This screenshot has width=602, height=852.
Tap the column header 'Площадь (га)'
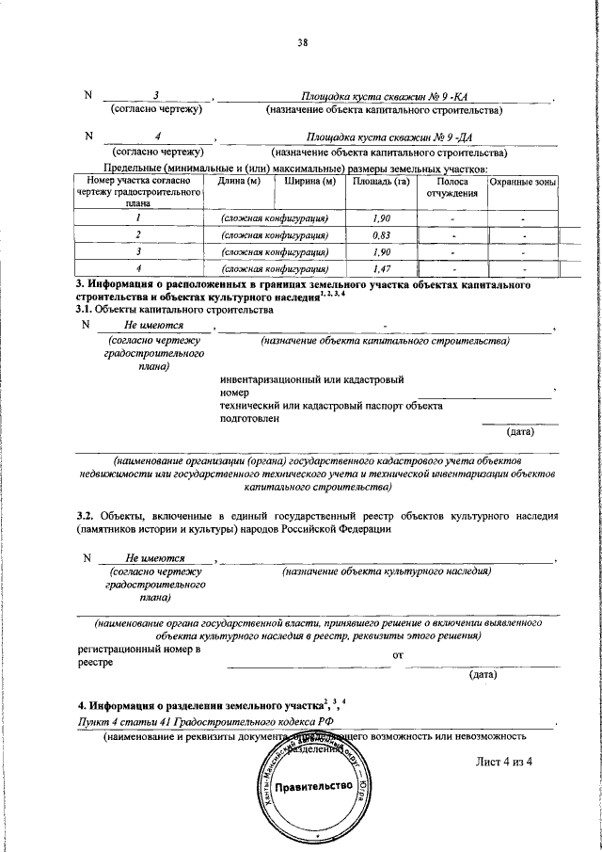click(x=380, y=181)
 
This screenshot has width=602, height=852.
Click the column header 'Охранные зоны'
click(x=523, y=181)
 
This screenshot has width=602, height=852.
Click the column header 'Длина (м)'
click(x=239, y=181)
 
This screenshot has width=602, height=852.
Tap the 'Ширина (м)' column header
click(x=305, y=181)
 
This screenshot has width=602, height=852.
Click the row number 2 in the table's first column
click(x=138, y=235)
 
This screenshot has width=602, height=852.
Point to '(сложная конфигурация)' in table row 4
click(x=274, y=269)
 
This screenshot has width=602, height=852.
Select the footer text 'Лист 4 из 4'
click(x=504, y=762)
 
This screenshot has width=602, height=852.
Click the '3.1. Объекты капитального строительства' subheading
click(x=174, y=309)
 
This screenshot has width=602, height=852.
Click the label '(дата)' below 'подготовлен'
click(x=520, y=432)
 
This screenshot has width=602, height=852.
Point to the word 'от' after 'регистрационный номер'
click(x=397, y=653)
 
